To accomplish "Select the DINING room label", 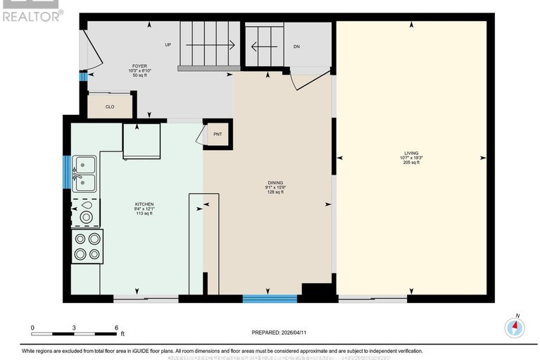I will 275,182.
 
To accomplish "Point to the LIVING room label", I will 410,153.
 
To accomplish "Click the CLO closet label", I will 110,107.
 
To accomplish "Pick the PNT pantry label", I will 218,133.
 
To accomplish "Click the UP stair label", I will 168,45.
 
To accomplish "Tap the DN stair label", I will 297,46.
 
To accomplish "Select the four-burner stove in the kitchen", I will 87,247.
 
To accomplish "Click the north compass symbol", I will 515,327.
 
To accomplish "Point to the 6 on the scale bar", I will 117,328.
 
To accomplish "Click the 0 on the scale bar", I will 32,328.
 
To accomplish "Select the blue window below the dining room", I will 270,299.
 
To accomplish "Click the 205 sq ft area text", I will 411,162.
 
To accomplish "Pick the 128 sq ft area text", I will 275,192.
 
